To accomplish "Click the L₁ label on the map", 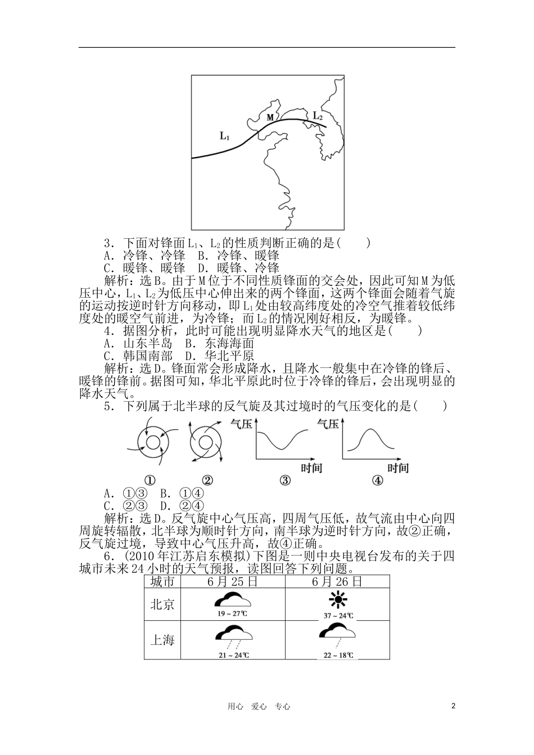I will point(225,135).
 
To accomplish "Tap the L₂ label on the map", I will point(318,116).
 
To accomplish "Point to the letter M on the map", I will point(270,117).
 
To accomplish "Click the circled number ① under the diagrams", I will point(150,480).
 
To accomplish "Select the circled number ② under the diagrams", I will point(207,480).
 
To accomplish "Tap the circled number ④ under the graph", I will point(377,480).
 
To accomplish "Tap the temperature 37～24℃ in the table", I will point(338,615).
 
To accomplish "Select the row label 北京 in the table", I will point(162,604).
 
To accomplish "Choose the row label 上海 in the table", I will point(162,640).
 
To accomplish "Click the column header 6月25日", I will point(233,581).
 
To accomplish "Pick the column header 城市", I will point(162,581).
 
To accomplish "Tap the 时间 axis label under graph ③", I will point(311,467).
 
